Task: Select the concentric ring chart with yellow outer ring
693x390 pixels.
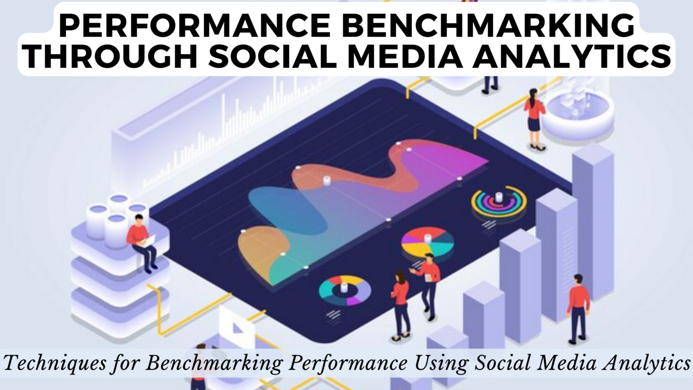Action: (499, 202)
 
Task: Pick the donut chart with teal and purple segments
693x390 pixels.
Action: (345, 291)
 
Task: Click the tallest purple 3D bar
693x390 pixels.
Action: (592, 221)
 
